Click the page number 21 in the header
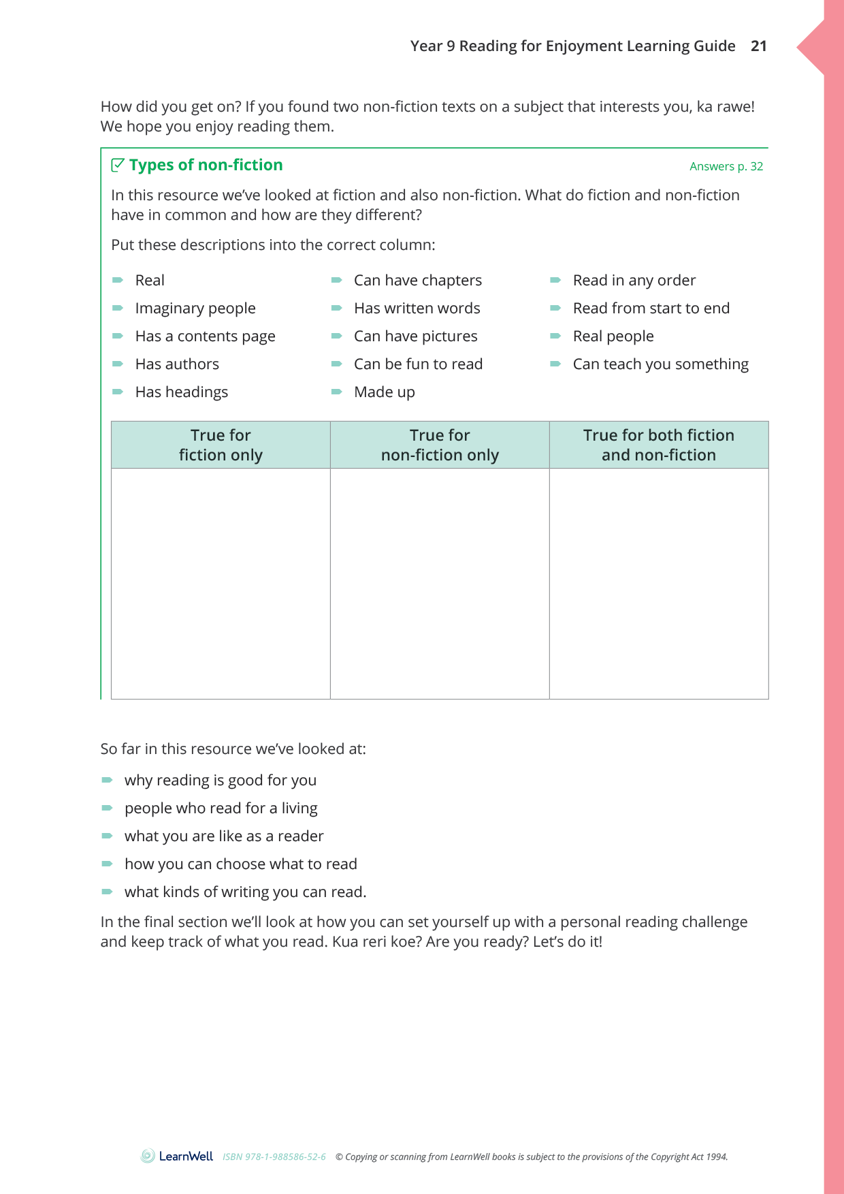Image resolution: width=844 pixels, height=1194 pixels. pos(758,46)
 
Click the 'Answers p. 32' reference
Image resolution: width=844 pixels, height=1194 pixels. pos(726,166)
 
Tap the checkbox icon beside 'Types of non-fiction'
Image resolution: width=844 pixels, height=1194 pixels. pos(118,165)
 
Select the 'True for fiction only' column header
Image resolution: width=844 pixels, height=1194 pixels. pos(221,445)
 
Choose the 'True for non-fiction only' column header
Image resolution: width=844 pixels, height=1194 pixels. pos(440,445)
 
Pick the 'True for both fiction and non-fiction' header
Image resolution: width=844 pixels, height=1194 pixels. pos(658,445)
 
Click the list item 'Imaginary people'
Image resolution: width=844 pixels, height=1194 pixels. pos(195,309)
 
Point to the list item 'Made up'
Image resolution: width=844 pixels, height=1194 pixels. pos(384,392)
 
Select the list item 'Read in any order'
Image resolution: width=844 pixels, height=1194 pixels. pos(634,281)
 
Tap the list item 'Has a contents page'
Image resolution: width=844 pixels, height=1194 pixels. pos(205,336)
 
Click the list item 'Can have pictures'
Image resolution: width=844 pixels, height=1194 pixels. pos(415,336)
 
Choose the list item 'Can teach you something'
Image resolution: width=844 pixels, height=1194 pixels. pos(660,364)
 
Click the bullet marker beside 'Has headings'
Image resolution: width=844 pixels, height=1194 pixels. pos(118,392)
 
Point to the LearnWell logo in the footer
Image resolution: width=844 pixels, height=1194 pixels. pos(177,1156)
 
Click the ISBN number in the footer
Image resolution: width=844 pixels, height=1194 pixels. pos(274,1157)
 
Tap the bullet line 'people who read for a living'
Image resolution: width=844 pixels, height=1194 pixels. pos(221,808)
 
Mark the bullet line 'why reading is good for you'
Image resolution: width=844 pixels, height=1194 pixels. pos(220,781)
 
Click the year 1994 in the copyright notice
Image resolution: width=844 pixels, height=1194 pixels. pos(717,1157)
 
